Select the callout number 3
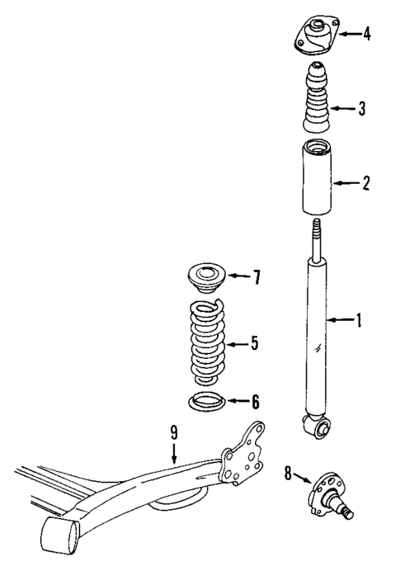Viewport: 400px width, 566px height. click(362, 108)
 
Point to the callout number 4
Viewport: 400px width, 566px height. click(366, 35)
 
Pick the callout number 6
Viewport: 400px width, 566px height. click(255, 402)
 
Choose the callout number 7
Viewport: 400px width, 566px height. click(256, 276)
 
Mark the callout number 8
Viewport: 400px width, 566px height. click(287, 474)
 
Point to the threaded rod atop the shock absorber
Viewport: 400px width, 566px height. click(314, 238)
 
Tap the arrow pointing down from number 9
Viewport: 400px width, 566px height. click(174, 451)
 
